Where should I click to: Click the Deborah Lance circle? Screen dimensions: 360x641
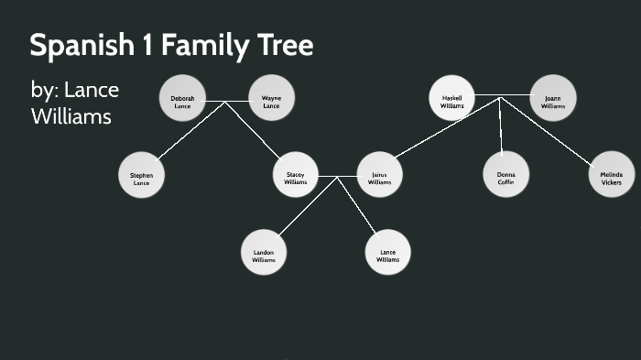click(x=182, y=99)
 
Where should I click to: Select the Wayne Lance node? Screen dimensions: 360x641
click(x=271, y=99)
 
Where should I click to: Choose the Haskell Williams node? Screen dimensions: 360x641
click(x=452, y=99)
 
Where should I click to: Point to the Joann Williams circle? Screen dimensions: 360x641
click(x=553, y=99)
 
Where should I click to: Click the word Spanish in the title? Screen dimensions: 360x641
click(x=81, y=46)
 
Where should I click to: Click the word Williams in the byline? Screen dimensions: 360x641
click(x=71, y=116)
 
